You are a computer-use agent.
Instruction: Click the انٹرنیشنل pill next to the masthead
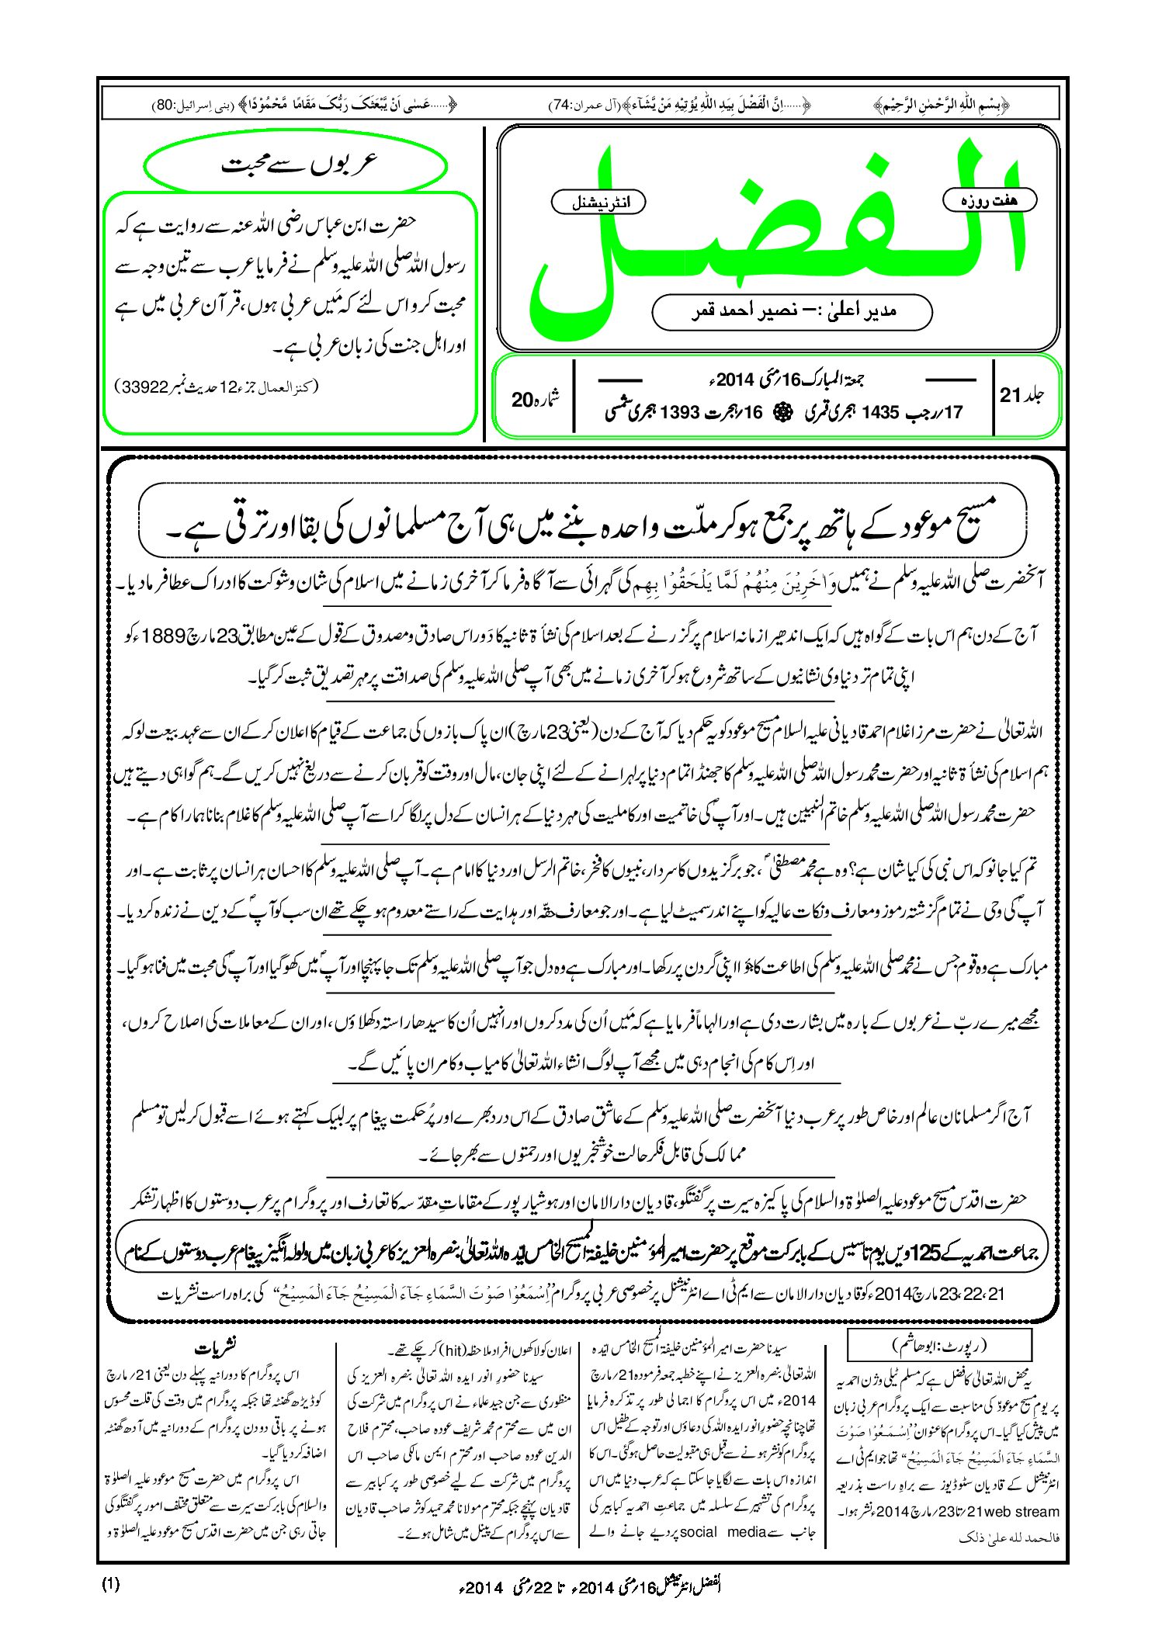(598, 203)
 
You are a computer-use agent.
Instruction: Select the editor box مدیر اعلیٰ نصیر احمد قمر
(792, 312)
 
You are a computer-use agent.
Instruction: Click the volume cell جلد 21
(1022, 395)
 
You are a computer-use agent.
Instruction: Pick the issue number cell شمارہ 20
(536, 399)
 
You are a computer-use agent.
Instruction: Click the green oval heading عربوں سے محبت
(297, 165)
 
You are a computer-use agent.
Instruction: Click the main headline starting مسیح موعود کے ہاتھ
(582, 526)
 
